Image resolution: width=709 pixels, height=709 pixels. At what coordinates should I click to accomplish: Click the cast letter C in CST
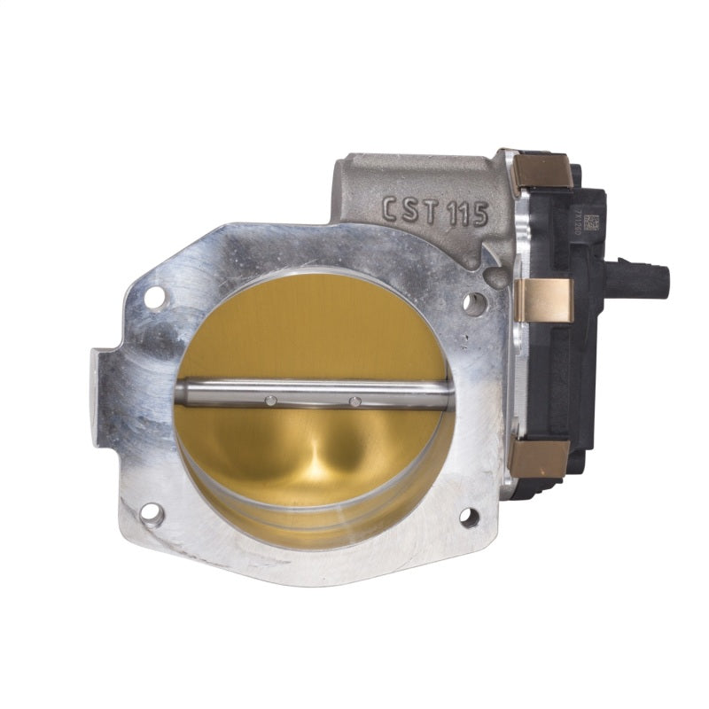click(x=390, y=210)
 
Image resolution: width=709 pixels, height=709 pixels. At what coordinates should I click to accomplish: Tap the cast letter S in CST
click(x=414, y=211)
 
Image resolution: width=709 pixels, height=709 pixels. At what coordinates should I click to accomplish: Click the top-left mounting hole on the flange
click(x=153, y=298)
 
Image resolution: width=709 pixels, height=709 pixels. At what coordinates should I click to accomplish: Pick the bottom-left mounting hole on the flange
click(x=152, y=513)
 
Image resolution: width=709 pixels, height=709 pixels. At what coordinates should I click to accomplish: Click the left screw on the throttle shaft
click(x=271, y=401)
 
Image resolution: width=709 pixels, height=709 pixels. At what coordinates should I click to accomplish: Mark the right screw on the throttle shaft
click(x=355, y=401)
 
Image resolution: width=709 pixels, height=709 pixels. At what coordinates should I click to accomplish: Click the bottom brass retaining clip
click(x=539, y=457)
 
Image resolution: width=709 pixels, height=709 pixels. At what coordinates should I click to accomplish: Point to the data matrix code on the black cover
click(x=591, y=223)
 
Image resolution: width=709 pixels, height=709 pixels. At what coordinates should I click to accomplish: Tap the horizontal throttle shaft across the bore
click(x=310, y=393)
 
